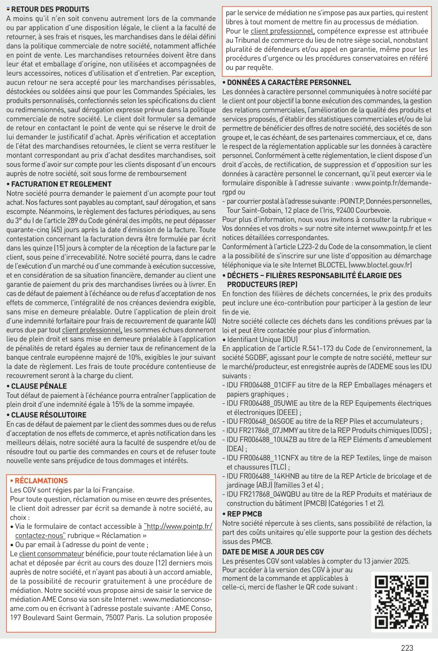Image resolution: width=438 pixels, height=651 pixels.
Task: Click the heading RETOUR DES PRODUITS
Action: (50, 9)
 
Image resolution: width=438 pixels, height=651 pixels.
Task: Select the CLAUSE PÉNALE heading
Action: (39, 386)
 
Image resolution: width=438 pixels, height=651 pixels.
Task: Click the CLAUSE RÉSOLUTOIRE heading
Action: (49, 415)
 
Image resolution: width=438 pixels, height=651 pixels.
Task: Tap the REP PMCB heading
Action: (244, 514)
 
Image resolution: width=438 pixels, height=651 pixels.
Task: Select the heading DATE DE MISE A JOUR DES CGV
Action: (273, 552)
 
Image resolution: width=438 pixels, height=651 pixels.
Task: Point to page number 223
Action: (407, 648)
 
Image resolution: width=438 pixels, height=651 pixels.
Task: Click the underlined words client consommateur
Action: (51, 554)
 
